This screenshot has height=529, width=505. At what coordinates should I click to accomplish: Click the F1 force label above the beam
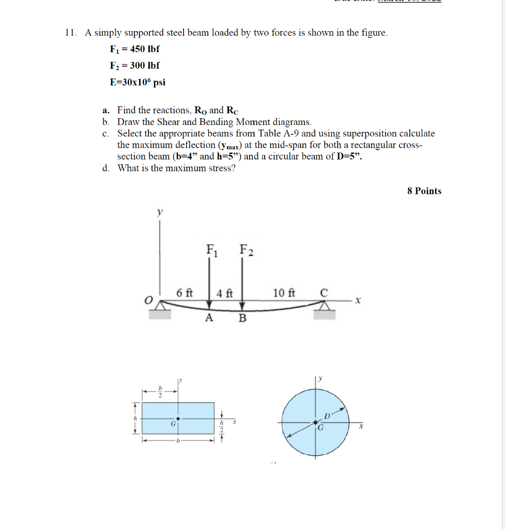[x=211, y=251]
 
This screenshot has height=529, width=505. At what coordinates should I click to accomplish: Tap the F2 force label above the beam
[x=246, y=251]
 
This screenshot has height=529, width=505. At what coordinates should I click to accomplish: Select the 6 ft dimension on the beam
[x=184, y=292]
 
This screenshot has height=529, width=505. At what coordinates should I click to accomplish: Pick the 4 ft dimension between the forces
[x=224, y=293]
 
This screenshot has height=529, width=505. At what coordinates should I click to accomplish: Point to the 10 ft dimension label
[x=284, y=293]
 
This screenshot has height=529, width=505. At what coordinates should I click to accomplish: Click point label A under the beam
[x=209, y=318]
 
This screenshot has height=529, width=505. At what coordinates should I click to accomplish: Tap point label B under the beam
[x=242, y=318]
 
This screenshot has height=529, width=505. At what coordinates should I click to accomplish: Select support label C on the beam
[x=324, y=293]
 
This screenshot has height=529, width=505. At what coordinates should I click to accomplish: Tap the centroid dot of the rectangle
[x=178, y=418]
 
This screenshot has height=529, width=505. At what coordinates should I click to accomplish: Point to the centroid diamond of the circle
[x=316, y=423]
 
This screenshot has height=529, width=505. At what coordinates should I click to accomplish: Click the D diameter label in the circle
[x=327, y=416]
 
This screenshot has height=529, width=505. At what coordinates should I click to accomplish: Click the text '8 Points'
[x=424, y=191]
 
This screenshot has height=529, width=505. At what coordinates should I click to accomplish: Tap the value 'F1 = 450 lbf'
[x=134, y=50]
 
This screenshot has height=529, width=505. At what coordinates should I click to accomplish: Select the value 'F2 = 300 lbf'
[x=134, y=66]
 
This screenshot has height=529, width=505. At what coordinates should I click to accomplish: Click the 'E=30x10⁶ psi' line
[x=137, y=82]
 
